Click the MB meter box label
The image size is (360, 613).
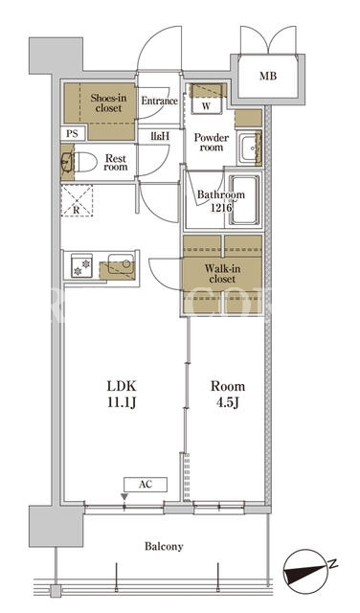coord(268,76)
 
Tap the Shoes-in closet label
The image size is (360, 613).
coord(108,103)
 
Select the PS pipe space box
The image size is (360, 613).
coord(72,134)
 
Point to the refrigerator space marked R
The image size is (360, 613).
coord(77,200)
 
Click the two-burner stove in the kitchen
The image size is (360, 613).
coord(81,266)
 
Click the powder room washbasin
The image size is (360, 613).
coord(249,148)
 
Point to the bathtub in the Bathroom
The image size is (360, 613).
coord(245,200)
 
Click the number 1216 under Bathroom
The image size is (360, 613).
coord(221,208)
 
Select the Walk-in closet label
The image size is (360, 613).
coord(222,274)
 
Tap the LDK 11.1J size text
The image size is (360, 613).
coord(122,395)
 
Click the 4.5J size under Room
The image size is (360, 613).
coord(227,402)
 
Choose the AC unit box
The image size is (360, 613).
coord(146,485)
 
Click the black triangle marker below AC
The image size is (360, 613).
coord(124,497)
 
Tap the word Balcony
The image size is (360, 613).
coord(164,547)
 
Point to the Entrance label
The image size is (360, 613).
coord(159,101)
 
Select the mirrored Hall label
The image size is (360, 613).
coord(160,136)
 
